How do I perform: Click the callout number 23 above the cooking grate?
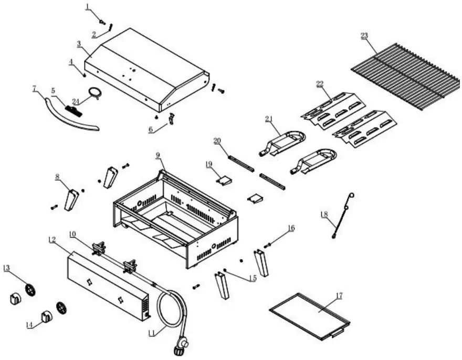(x=364, y=35)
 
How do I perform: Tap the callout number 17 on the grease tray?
(x=339, y=296)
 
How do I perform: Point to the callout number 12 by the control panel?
(x=51, y=240)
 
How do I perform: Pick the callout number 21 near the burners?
(x=268, y=119)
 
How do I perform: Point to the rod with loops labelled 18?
(x=342, y=215)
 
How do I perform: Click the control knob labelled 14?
(x=48, y=316)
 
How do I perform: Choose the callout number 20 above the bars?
(x=217, y=140)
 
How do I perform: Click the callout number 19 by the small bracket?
(x=208, y=164)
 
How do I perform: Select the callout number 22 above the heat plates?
(x=320, y=84)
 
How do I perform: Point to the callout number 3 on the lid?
(x=79, y=44)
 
